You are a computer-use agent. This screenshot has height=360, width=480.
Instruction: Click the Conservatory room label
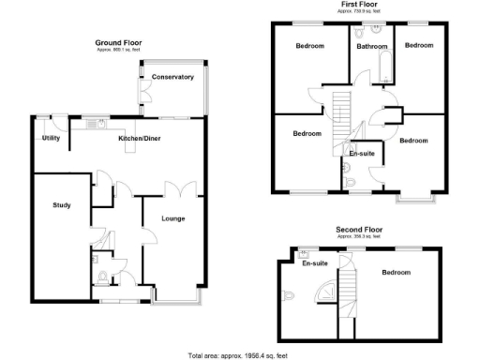click(172, 77)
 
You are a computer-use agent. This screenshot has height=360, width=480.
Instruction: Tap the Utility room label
click(51, 138)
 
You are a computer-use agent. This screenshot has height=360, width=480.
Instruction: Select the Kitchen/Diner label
click(137, 139)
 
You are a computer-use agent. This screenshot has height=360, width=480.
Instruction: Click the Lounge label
click(172, 219)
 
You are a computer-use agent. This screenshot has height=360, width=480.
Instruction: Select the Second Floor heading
click(359, 229)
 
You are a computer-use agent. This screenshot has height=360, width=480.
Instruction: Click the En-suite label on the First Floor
click(361, 152)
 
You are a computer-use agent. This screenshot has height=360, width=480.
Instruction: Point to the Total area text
click(239, 354)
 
